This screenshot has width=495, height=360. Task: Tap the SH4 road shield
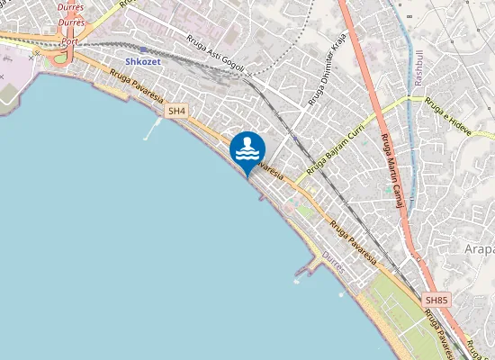point(176,111)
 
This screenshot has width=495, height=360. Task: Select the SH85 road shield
point(436,299)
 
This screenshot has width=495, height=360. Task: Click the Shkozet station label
point(143,62)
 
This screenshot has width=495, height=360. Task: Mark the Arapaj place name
point(481,248)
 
